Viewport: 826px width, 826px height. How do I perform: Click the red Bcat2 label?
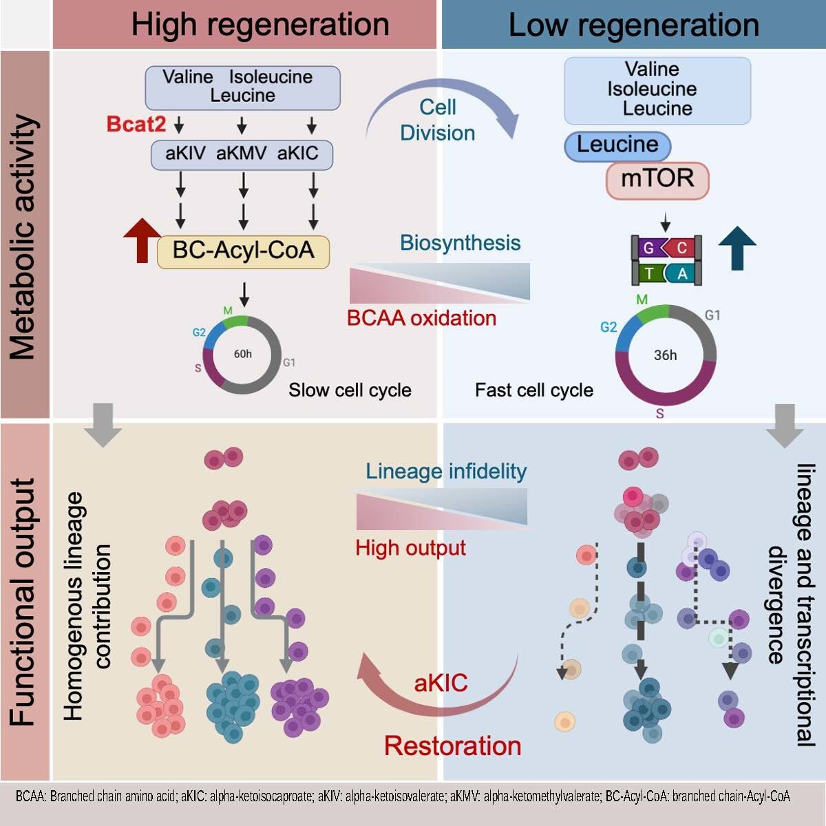[136, 125]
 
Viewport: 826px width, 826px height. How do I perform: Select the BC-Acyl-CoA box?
[243, 251]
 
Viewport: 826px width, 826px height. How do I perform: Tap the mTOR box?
[657, 179]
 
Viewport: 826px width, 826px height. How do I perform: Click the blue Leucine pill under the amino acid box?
[617, 145]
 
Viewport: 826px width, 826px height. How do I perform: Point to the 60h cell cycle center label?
[242, 354]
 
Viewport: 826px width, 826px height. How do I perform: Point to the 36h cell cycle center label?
[665, 355]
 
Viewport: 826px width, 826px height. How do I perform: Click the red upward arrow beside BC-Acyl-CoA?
[141, 239]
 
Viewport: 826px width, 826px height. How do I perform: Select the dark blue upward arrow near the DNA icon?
[737, 246]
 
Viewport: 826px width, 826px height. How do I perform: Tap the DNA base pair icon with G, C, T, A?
[666, 260]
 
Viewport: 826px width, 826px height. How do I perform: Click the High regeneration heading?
[260, 25]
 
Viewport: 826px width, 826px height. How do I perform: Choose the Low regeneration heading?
[633, 25]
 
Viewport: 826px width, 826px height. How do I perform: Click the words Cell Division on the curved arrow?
[438, 120]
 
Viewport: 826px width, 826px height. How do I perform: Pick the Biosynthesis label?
[460, 242]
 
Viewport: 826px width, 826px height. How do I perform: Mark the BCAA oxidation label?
[421, 318]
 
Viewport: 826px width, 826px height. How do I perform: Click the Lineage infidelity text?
[446, 471]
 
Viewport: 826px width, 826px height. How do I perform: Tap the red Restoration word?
[452, 745]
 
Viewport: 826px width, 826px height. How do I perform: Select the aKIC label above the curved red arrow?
[441, 683]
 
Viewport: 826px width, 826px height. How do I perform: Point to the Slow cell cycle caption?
[350, 390]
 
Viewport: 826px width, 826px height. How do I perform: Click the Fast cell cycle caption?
[534, 390]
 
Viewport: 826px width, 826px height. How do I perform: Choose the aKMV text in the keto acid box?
[241, 153]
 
